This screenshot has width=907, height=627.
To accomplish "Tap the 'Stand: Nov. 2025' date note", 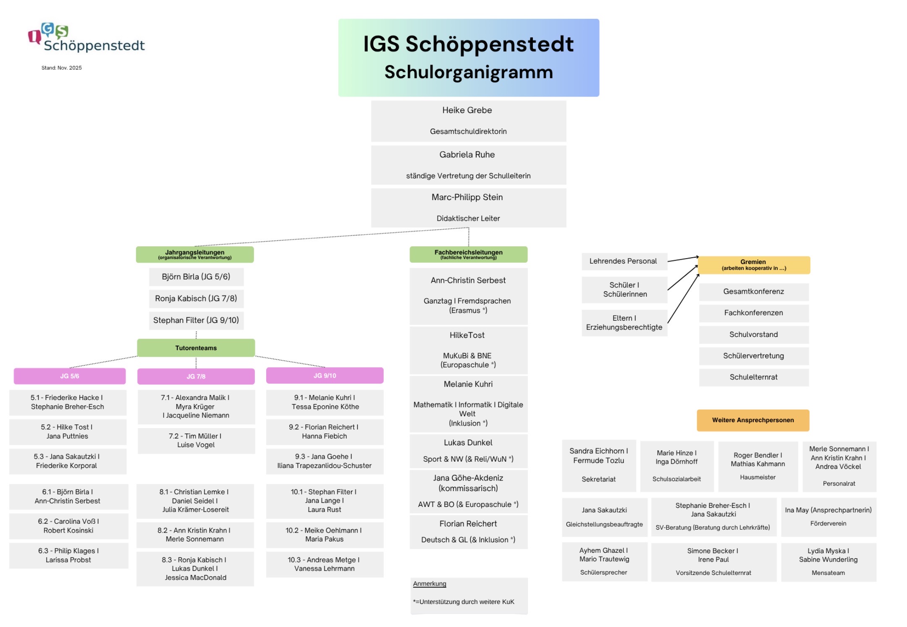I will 61,68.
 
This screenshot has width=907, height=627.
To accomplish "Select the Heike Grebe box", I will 468,121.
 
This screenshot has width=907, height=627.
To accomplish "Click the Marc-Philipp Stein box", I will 468,208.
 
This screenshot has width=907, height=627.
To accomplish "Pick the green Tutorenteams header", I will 196,348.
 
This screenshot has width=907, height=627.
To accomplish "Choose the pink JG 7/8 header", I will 196,376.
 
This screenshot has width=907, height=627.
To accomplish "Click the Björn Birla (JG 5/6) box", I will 196,277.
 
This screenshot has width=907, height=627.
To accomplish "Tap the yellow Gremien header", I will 754,265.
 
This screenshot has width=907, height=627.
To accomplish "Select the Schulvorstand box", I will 754,334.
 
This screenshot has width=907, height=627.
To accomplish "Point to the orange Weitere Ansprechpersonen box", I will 753,420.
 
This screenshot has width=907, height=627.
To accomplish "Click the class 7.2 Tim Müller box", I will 196,441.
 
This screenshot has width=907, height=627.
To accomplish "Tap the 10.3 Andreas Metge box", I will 324,564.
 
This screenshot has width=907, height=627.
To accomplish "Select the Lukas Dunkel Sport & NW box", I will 468,451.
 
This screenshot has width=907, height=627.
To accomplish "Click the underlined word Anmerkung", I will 429,584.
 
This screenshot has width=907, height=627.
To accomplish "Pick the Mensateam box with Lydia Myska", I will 828,562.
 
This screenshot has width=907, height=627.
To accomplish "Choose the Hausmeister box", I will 758,466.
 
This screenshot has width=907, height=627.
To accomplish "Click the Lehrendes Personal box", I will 624,261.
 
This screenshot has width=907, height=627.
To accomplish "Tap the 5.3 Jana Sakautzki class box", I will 67,461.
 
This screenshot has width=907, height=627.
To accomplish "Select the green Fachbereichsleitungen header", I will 468,254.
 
